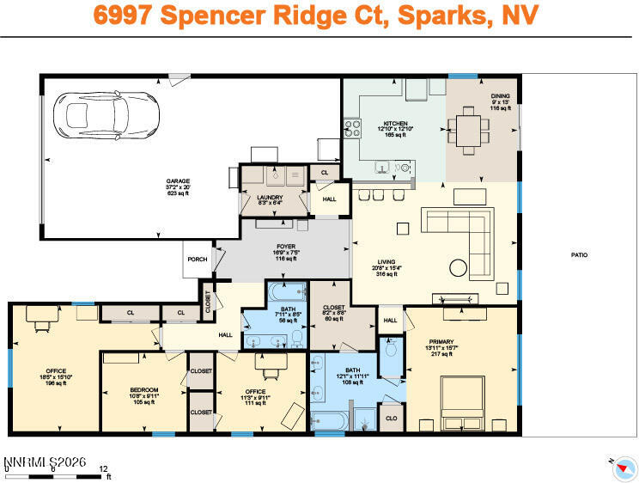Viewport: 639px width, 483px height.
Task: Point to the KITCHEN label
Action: click(x=395, y=123)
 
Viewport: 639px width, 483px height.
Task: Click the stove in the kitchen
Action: click(x=352, y=128)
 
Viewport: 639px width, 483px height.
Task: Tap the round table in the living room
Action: click(x=459, y=266)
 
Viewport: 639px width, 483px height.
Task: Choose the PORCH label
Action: click(x=196, y=259)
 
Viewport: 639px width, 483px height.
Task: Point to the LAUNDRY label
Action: click(x=270, y=197)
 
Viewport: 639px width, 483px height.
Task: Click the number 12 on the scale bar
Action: click(x=104, y=468)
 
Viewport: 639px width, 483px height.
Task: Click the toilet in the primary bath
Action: click(x=392, y=351)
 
